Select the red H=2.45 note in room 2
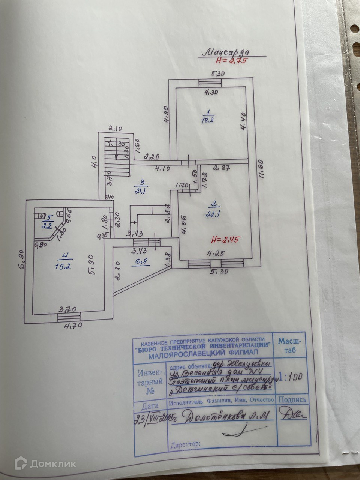pos(225,238)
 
